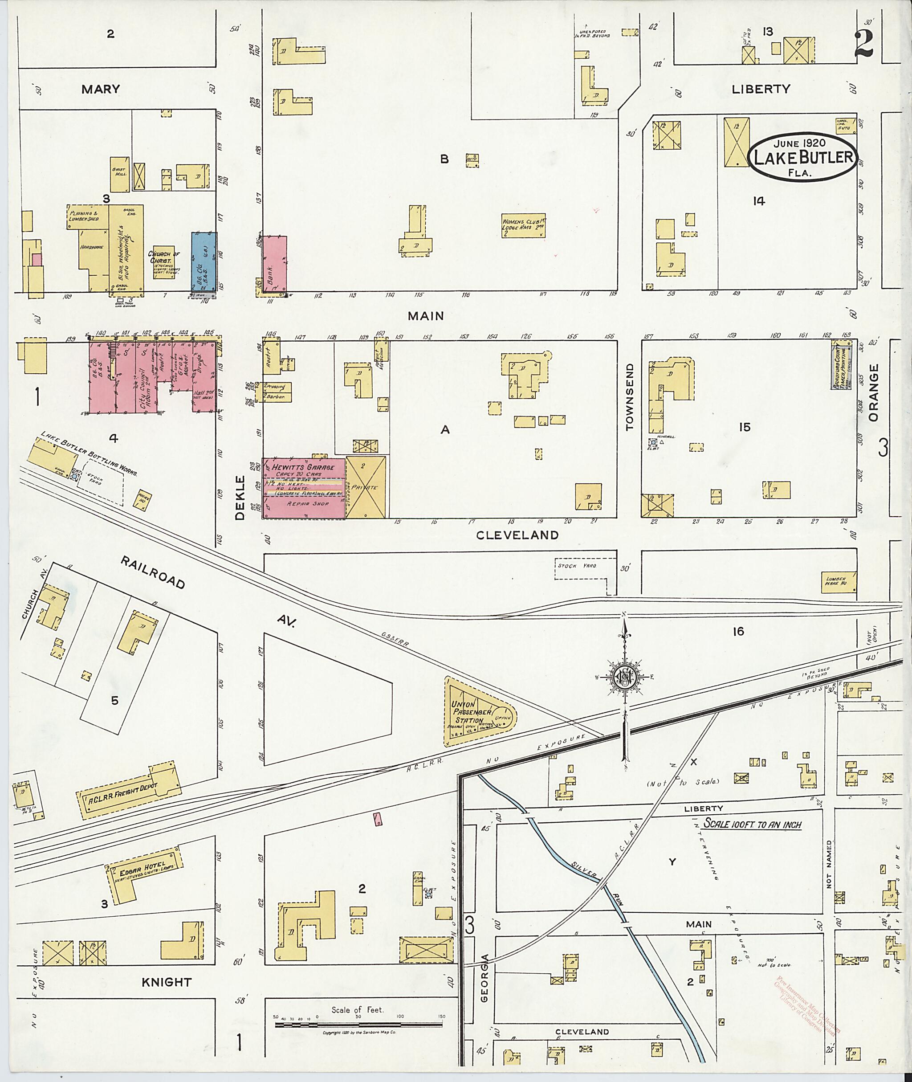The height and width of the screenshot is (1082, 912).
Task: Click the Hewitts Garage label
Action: tap(300, 467)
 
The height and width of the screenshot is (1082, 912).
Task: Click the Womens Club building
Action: tap(524, 225)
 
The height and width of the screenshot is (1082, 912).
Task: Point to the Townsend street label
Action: tap(629, 397)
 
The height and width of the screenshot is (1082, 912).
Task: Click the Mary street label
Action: tap(100, 89)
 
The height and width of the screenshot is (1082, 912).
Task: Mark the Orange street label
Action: tap(873, 385)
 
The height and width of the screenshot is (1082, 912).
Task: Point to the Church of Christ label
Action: tap(163, 257)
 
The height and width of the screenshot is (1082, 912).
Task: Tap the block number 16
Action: tap(738, 631)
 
